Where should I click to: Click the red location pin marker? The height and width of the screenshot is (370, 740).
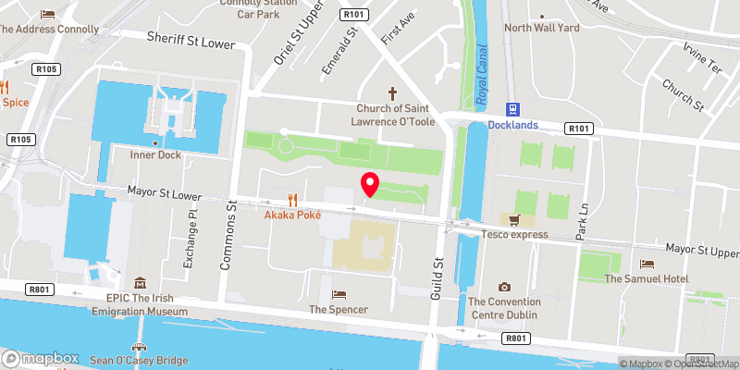pos(370,184)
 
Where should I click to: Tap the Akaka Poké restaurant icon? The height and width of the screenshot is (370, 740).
pos(293,200)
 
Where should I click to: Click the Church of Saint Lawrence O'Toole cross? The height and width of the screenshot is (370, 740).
pos(392,93)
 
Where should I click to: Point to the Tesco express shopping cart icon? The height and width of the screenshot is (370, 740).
pos(516,220)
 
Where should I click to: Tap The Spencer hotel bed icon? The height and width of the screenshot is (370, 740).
pos(339,294)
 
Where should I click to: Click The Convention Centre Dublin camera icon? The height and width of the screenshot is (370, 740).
pos(504,288)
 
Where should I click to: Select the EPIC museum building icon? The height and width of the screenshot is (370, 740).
pos(140,283)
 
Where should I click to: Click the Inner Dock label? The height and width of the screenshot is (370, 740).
pos(155,154)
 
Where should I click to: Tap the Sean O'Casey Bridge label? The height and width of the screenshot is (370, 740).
pos(139,360)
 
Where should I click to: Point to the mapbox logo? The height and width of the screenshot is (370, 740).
pos(40,358)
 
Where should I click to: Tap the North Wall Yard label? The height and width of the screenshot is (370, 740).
pos(541,28)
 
